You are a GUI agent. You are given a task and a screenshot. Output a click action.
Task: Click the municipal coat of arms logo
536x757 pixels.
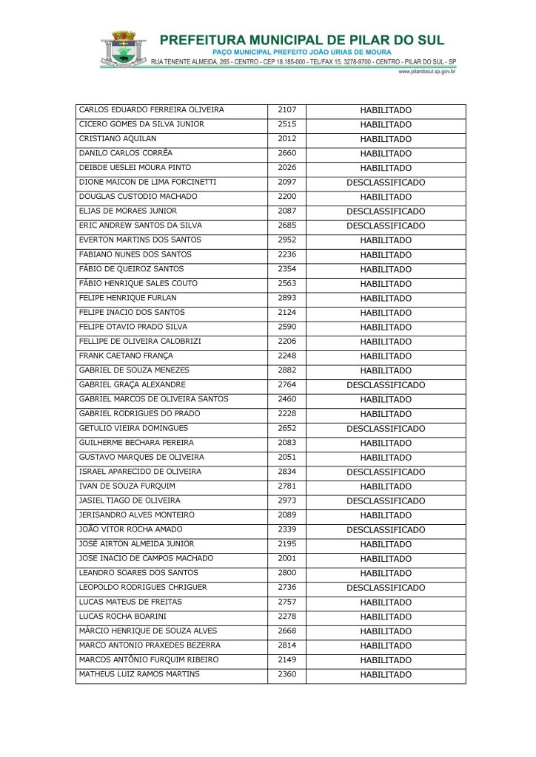pos(124,50)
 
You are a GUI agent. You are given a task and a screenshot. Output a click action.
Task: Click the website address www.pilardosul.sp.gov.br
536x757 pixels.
pos(426,72)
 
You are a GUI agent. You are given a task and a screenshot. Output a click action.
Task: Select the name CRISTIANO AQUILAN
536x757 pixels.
pos(118,139)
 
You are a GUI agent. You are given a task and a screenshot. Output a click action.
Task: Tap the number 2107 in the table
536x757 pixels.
pos(287,110)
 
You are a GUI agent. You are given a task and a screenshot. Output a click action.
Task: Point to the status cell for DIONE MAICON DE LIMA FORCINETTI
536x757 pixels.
pos(386,183)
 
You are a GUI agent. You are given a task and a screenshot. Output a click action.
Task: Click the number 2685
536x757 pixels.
pos(287,225)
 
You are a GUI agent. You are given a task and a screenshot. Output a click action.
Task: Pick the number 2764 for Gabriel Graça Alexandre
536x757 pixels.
pos(287,385)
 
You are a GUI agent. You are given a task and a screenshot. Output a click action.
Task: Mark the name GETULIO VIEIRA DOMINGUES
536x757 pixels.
pos(133,428)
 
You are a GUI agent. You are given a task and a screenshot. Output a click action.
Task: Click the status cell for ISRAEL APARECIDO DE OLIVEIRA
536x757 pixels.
pos(386,472)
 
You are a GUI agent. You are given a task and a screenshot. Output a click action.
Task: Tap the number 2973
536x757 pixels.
pos(287,500)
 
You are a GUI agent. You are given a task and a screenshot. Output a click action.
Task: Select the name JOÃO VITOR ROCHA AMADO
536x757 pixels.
pos(130,529)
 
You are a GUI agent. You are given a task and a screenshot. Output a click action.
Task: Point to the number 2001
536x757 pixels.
pos(287,558)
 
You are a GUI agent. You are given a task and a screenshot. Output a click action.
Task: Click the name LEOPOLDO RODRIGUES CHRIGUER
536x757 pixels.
pos(143,587)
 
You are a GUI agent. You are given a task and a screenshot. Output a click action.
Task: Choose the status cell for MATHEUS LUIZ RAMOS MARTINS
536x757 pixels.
pos(386,675)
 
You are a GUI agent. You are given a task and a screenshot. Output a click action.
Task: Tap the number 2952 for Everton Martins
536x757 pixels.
pos(287,240)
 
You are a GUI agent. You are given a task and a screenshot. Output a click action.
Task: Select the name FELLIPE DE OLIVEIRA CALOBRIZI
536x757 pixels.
pos(140,342)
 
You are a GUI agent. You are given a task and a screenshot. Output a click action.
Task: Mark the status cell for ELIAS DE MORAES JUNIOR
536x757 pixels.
pos(386,211)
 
